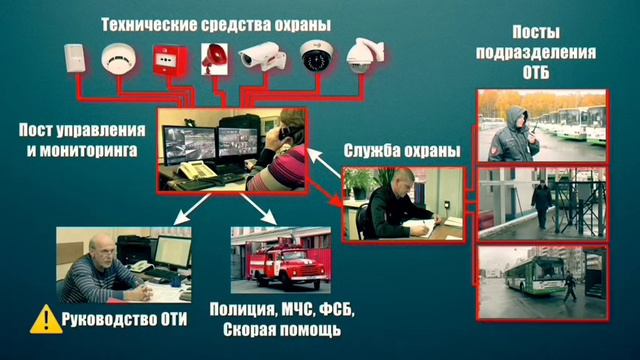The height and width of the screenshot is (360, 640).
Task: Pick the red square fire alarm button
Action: [x=164, y=61]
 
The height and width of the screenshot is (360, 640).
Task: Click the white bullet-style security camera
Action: [x=262, y=58]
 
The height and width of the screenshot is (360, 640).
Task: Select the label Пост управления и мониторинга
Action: [x=78, y=139]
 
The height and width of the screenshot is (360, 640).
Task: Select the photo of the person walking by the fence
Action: [x=541, y=202]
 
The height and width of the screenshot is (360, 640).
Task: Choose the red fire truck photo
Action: [x=281, y=262]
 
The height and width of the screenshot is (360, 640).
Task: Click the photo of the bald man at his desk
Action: [x=109, y=265]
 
